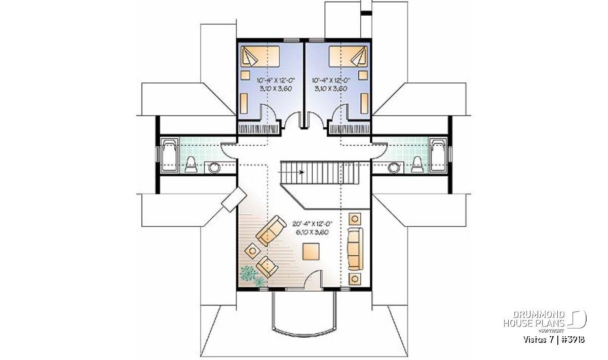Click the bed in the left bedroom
260,56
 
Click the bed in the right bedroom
348,56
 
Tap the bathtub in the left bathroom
169,155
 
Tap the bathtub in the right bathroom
438,155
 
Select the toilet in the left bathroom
191,165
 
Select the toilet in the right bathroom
417,165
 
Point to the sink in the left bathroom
214,168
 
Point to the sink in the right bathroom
394,168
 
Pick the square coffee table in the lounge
311,252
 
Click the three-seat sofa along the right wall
355,249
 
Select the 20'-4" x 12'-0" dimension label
313,224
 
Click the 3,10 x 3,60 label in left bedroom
276,89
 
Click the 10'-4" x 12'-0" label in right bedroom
331,81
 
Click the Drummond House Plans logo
545,322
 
